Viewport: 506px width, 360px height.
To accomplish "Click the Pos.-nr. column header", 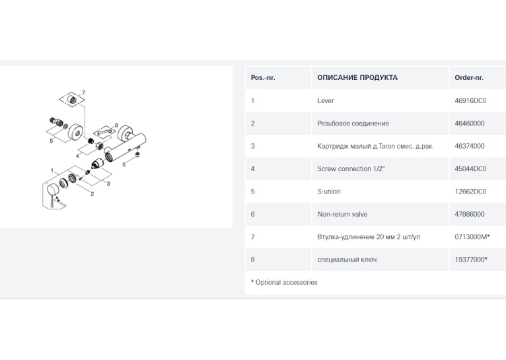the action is pos(263,78).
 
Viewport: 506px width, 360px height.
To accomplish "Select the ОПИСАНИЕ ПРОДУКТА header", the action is pos(357,78).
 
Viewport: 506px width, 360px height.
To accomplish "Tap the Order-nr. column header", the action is pos(469,78).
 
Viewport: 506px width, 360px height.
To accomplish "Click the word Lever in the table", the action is pos(325,100).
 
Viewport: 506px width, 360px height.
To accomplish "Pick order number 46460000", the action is pos(470,124).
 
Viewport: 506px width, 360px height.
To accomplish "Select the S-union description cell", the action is pos(329,192).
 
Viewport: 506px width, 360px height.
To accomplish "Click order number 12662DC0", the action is pos(470,192).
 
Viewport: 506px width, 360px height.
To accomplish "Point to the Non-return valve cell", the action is pos(342,214).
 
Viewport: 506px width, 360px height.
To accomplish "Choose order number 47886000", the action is pos(470,214).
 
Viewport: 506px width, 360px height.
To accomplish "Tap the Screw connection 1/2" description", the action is pos(351,168).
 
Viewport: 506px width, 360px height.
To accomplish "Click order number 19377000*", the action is pos(471,260).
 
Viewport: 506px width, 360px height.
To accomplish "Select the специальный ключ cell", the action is pos(347,260).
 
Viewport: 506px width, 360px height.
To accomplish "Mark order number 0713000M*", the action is pos(472,236).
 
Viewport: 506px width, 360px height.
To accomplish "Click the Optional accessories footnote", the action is pos(284,282).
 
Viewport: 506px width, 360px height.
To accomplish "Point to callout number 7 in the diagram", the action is pos(84,93).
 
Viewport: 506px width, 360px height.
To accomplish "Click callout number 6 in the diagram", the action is pos(124,164).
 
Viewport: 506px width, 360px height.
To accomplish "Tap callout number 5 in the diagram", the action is pos(52,141).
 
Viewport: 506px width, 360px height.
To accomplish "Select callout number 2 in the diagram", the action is pos(92,194).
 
